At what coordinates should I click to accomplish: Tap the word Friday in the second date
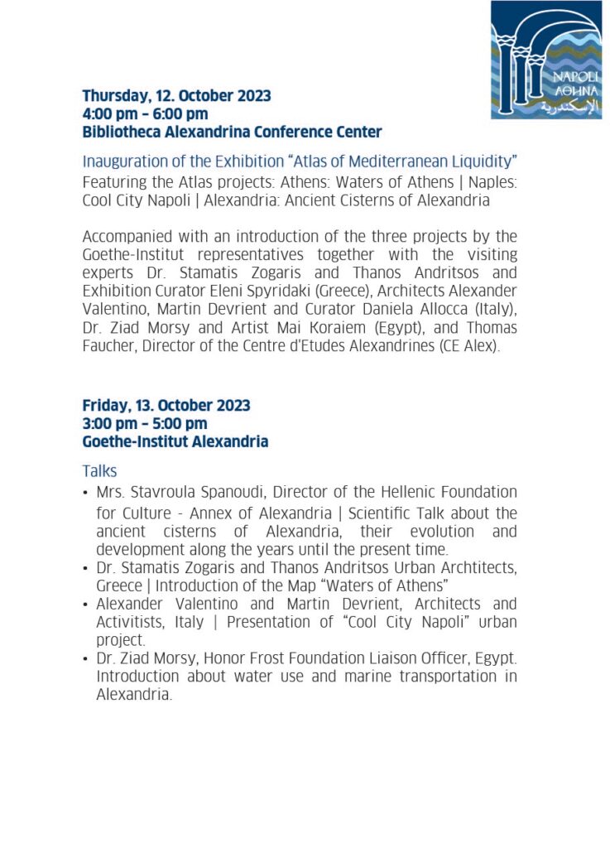104,406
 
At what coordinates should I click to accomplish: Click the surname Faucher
108,346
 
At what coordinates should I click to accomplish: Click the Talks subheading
99,470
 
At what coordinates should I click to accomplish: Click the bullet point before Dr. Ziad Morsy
86,659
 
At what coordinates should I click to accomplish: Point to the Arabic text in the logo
568,106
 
